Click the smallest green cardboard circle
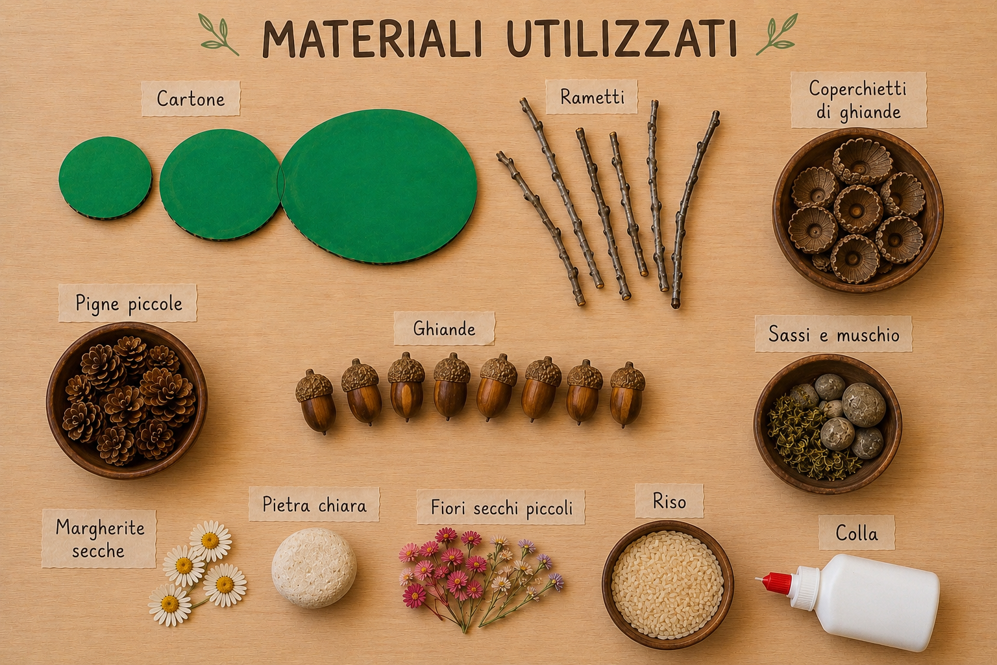[105, 177]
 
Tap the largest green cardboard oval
[379, 186]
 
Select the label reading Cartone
[191, 99]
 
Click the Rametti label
[592, 97]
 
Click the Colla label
[856, 533]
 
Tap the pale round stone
[314, 568]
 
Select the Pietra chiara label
[314, 504]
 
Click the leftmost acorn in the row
[315, 401]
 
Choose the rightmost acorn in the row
[626, 394]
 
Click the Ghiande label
[444, 329]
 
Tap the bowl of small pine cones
[127, 400]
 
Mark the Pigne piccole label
[128, 303]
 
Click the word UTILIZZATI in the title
[621, 38]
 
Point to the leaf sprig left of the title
[218, 34]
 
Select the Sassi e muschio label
[833, 334]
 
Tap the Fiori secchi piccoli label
[501, 507]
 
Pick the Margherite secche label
[99, 539]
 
